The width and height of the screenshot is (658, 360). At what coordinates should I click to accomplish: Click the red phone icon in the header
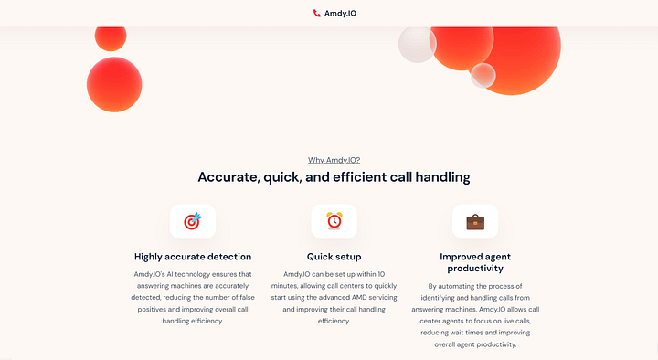317,13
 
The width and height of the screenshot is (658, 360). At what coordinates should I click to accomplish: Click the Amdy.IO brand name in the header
340,14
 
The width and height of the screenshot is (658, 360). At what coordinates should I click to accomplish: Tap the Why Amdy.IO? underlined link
334,160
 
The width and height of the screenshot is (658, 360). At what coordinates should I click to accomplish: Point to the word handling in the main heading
442,177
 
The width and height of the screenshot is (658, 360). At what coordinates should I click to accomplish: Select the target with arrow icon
193,221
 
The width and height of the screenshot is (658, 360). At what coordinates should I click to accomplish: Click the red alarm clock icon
334,221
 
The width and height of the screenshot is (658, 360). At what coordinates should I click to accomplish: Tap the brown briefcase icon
475,221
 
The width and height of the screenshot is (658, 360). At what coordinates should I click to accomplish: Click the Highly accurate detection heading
193,257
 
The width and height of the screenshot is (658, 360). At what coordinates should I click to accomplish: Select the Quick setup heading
334,257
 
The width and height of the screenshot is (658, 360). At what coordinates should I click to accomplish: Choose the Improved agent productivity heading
475,262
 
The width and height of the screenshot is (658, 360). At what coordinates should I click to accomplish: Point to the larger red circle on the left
114,84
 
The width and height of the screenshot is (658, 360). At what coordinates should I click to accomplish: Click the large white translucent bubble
417,45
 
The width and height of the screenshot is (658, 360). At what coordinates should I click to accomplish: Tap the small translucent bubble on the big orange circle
483,76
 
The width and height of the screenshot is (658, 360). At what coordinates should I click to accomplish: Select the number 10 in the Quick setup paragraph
381,274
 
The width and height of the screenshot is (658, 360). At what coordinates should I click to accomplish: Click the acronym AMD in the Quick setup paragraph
360,297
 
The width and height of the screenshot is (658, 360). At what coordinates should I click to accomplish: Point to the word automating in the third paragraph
456,286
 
